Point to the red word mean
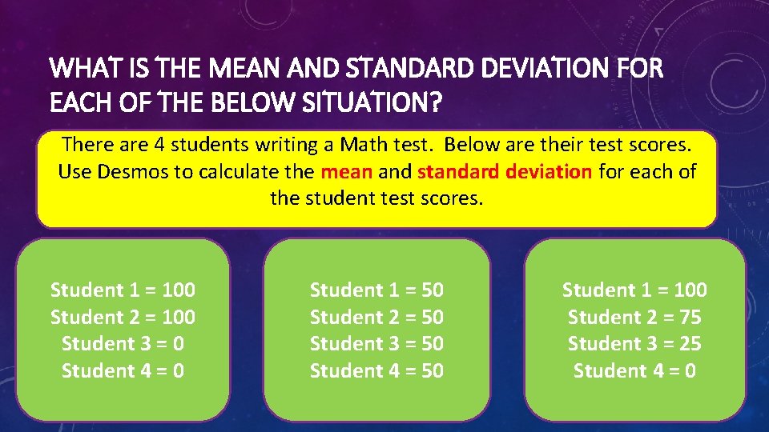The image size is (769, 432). point(346,171)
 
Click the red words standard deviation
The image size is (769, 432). point(505,171)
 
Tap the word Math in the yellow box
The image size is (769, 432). point(364,145)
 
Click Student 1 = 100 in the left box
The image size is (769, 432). point(123,290)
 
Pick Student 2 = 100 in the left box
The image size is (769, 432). point(123,317)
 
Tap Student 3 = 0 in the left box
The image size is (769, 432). point(123,344)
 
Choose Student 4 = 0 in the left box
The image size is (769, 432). point(123,371)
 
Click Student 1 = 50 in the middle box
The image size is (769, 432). point(376,290)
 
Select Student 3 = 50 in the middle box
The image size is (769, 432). point(376,344)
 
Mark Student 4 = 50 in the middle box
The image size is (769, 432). point(376,371)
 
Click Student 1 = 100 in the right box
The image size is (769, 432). point(634,290)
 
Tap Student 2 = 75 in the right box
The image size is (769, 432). point(634,317)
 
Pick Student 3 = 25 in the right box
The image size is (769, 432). point(634,344)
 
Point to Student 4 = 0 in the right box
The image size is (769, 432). point(634,371)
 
